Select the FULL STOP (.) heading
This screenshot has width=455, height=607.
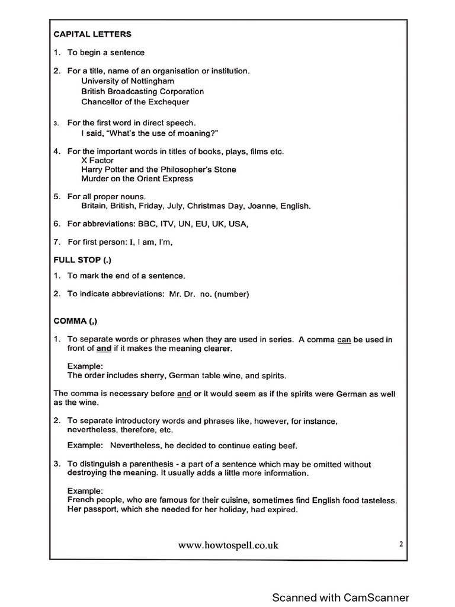pyautogui.click(x=82, y=260)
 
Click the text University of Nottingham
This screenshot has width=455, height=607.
pyautogui.click(x=127, y=81)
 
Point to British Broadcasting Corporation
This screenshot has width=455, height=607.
pyautogui.click(x=142, y=91)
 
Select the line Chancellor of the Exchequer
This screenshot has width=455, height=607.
pyautogui.click(x=135, y=102)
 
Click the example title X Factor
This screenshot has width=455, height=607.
pyautogui.click(x=97, y=161)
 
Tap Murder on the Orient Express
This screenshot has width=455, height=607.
pyautogui.click(x=137, y=178)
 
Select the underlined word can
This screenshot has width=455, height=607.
pyautogui.click(x=344, y=340)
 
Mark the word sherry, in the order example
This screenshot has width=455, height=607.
pyautogui.click(x=152, y=376)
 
